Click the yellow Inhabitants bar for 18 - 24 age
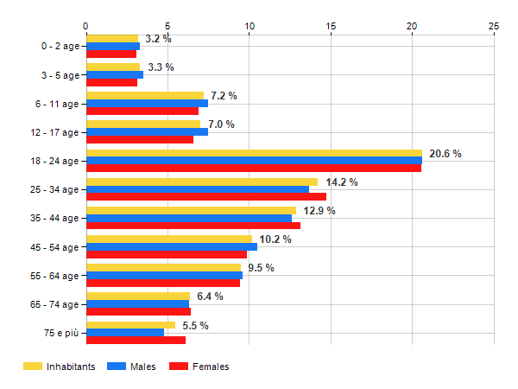tap(255, 153)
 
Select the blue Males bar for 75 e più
tap(125, 333)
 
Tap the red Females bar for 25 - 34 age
tap(206, 197)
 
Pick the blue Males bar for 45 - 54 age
tap(172, 246)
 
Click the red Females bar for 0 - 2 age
tap(111, 54)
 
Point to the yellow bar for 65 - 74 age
tap(138, 296)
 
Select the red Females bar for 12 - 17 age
tap(140, 139)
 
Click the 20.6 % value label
tap(445, 154)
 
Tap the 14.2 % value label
tap(342, 182)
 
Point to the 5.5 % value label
tap(196, 326)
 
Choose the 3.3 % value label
tap(161, 67)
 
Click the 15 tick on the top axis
tap(331, 26)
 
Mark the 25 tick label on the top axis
tap(494, 26)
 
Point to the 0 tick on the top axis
tap(85, 26)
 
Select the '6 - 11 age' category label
tap(57, 105)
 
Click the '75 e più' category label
tap(61, 333)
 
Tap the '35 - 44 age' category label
tap(54, 219)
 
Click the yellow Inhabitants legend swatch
tap(33, 367)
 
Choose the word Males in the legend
tap(142, 367)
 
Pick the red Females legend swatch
tap(179, 367)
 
